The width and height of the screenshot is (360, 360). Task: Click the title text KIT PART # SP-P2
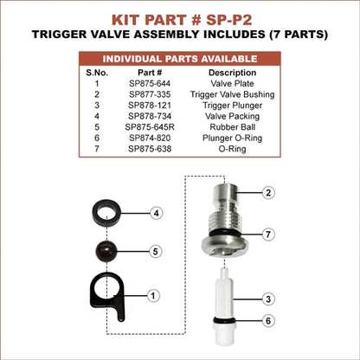[182, 20]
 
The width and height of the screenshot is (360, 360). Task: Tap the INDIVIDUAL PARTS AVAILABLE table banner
[180, 59]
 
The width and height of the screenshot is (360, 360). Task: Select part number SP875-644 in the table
[150, 84]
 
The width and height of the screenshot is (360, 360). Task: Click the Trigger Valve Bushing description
[232, 94]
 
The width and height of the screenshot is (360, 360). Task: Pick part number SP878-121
[150, 106]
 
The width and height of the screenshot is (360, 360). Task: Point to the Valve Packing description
[232, 117]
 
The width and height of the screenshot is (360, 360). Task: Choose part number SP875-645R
[150, 127]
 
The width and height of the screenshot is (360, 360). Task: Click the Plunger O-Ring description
[232, 138]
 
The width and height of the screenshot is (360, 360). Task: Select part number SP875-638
[150, 149]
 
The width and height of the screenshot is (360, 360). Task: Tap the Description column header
[232, 73]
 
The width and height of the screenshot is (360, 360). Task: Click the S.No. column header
[97, 73]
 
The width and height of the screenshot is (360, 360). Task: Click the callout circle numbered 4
[156, 214]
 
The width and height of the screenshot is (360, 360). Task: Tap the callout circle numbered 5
[156, 252]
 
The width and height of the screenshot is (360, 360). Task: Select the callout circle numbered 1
[153, 296]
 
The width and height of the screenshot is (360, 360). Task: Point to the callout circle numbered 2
[268, 192]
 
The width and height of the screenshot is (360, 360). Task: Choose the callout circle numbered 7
[268, 235]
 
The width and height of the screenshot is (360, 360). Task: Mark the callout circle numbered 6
[268, 320]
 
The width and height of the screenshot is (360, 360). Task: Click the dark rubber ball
[106, 252]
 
